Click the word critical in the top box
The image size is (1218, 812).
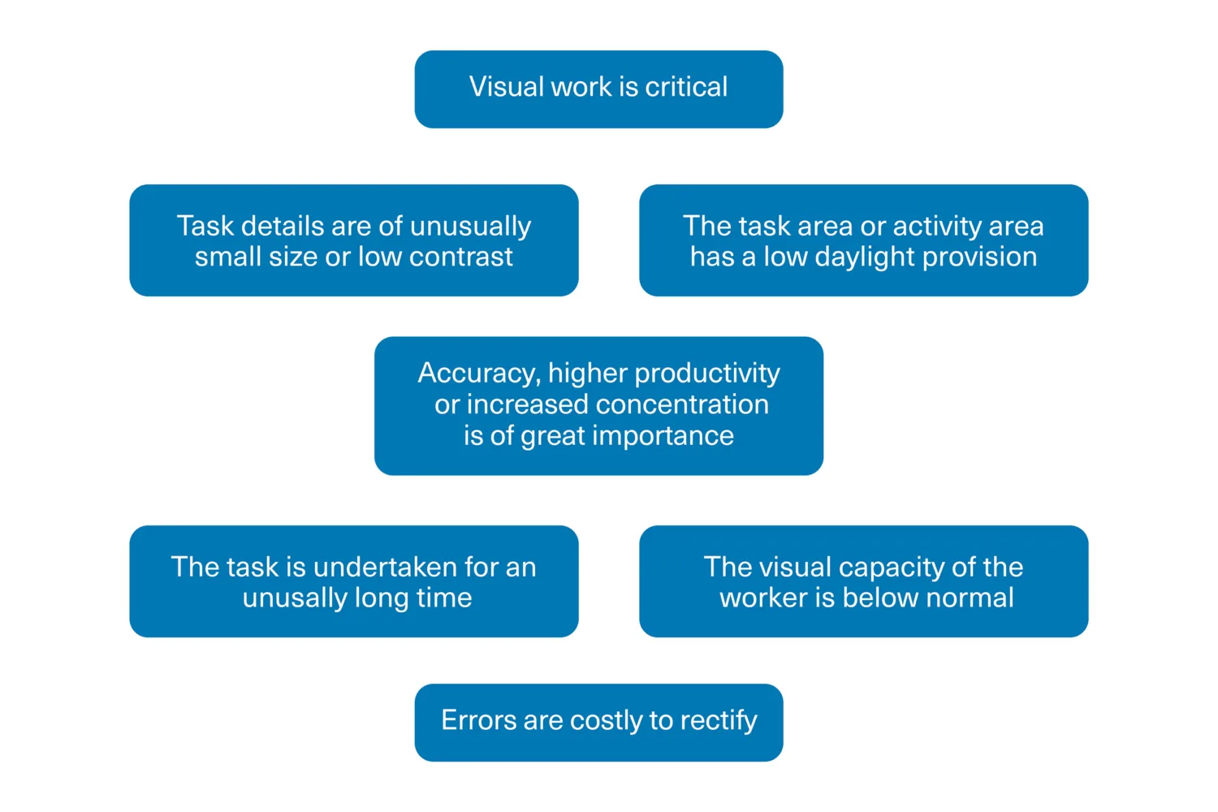(686, 87)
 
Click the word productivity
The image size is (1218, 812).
(707, 374)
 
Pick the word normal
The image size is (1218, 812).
(970, 598)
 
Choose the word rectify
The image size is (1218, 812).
(719, 721)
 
